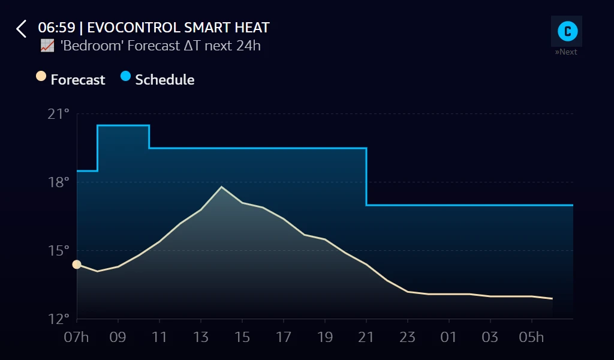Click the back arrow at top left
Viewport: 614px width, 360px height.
point(22,29)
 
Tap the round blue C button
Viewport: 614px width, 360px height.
point(567,31)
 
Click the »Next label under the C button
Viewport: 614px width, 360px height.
point(566,52)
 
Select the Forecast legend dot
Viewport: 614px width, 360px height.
point(41,76)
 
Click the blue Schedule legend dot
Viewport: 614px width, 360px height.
point(125,76)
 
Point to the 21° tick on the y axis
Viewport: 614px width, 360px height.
point(58,113)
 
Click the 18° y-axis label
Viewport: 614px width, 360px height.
point(58,182)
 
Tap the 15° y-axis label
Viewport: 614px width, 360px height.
point(58,250)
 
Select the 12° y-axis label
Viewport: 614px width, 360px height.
point(58,319)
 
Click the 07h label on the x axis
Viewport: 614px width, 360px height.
point(76,337)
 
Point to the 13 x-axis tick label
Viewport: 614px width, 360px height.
point(201,337)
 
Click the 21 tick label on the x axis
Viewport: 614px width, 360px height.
point(366,337)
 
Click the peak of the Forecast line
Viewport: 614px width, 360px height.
point(221,187)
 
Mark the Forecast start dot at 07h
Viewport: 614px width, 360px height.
point(77,265)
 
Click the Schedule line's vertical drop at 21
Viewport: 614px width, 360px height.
point(366,177)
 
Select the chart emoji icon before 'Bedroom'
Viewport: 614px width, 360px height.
point(47,46)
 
